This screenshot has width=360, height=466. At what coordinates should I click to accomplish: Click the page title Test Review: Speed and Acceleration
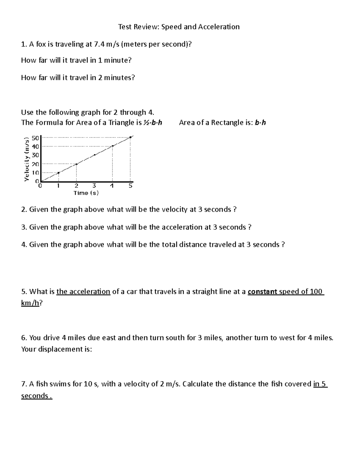click(x=179, y=27)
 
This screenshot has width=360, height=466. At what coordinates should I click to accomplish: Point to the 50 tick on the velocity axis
click(x=35, y=138)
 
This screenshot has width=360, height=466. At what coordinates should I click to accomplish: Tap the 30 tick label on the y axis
click(x=35, y=155)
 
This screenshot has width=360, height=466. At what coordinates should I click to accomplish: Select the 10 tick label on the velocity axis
click(x=35, y=173)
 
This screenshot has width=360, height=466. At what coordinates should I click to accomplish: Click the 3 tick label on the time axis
click(x=94, y=186)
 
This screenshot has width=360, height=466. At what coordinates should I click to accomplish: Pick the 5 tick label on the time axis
click(x=130, y=186)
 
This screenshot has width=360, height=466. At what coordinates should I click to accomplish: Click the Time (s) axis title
click(x=86, y=193)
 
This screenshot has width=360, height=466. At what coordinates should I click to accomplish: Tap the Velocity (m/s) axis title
click(x=27, y=159)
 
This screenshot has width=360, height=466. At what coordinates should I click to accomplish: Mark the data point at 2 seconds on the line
click(x=76, y=164)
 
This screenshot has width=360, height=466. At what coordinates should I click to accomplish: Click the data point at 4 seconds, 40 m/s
click(x=112, y=146)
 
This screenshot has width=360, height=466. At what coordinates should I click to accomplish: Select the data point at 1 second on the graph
click(x=58, y=173)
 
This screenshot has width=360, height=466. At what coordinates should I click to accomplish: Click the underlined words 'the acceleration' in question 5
click(x=83, y=292)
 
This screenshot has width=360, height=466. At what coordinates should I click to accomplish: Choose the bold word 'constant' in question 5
click(x=262, y=292)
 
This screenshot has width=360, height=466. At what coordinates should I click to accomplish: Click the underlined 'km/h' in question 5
click(x=30, y=303)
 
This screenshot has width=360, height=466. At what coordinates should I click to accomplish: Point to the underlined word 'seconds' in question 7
click(x=35, y=396)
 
